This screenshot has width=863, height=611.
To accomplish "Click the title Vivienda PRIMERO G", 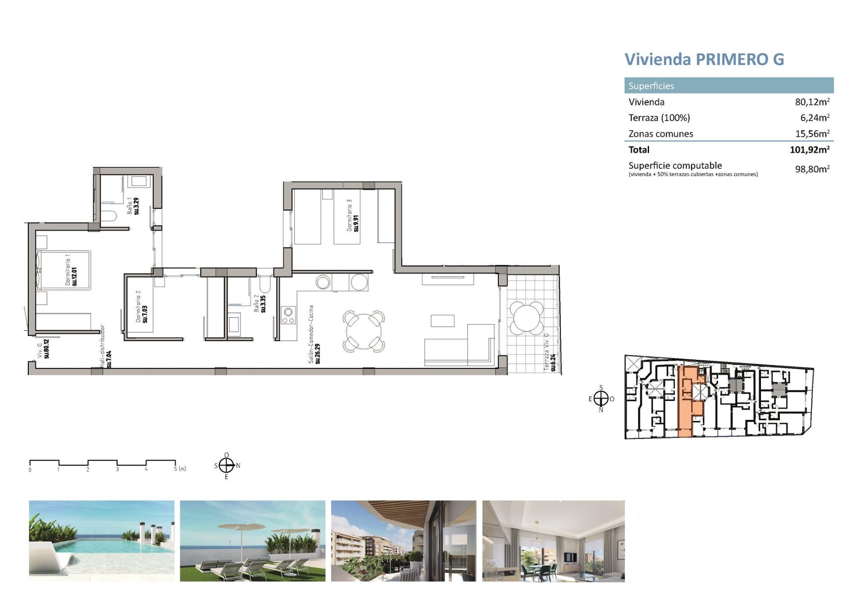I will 704,59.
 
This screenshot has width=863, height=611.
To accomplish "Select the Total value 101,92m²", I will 809,150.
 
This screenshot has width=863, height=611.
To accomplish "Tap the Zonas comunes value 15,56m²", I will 812,134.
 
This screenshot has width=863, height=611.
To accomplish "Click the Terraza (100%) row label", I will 659,118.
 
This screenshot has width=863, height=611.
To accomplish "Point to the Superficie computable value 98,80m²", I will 812,169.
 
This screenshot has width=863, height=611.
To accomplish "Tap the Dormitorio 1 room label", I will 71,270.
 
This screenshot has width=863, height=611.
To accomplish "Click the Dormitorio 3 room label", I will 352,216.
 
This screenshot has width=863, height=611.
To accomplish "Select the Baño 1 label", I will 133,206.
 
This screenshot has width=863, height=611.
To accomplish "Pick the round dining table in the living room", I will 364,332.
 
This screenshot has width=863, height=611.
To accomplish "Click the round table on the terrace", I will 526,318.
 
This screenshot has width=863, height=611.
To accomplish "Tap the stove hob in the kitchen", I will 288,315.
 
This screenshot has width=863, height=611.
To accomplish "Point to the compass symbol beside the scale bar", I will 227,466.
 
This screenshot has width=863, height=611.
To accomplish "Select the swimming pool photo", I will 102,540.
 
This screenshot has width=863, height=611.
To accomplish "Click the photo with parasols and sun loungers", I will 253,540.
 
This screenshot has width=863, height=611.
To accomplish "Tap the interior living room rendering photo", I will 553,540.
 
